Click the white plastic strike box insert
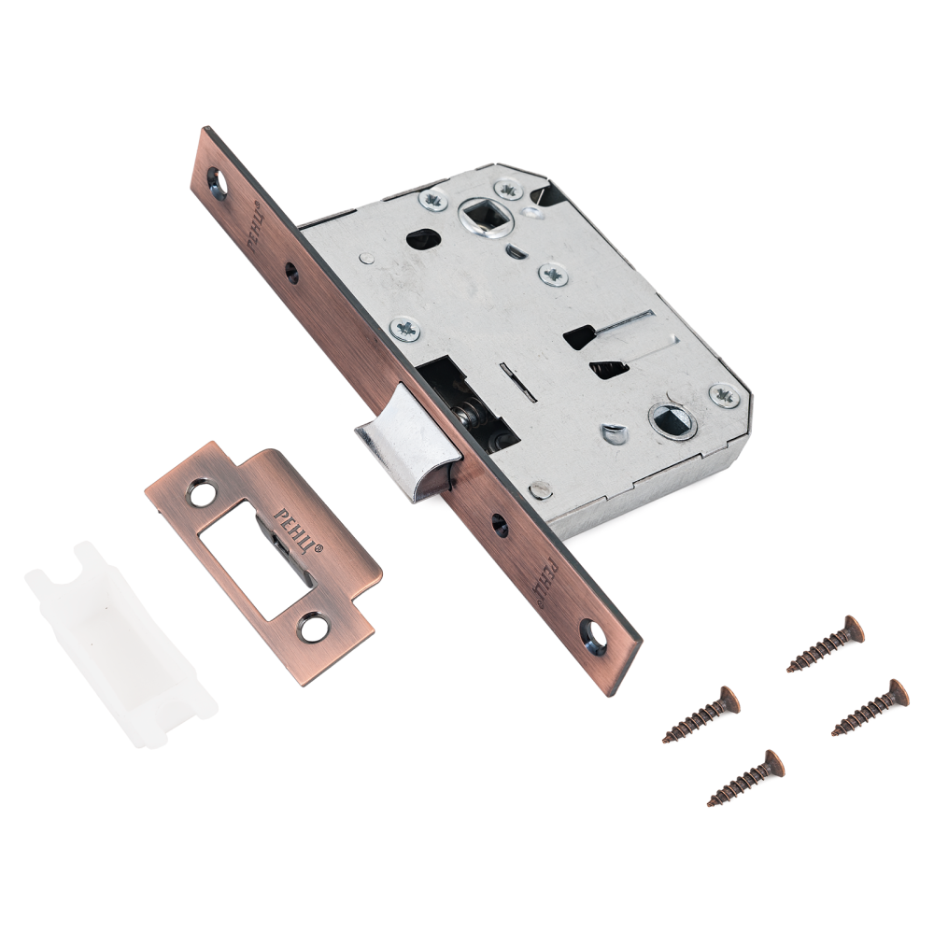point(120,644)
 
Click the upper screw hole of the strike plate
point(202,493)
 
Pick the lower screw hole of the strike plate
point(313,628)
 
